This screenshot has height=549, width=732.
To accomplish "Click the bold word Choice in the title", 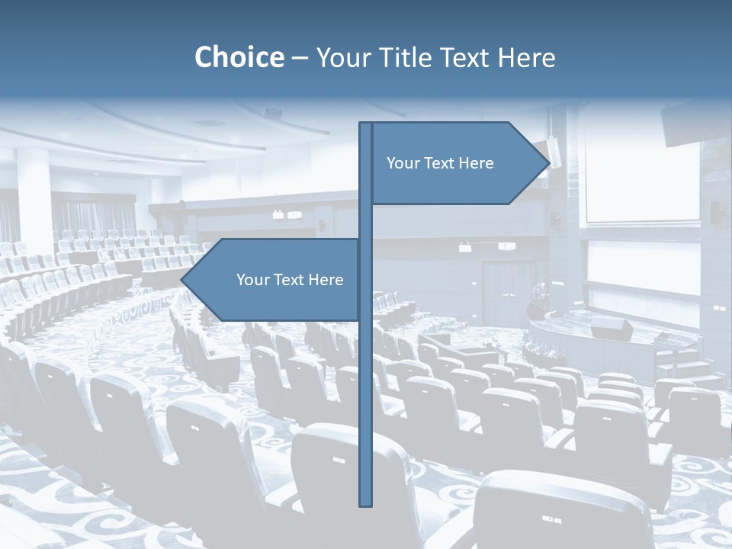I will [239, 57].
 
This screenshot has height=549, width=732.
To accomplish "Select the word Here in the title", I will [526, 57].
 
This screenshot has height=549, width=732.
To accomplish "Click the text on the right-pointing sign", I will [440, 163].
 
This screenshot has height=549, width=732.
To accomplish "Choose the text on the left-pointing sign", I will [290, 280].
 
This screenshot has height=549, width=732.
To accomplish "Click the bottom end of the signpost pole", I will [365, 502].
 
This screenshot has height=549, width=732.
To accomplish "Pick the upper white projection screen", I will [641, 183].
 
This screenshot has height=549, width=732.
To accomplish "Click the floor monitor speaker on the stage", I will [612, 329].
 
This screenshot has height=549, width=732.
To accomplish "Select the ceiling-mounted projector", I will [272, 113].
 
